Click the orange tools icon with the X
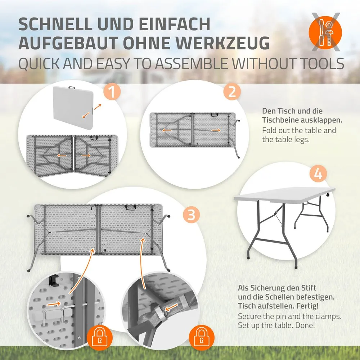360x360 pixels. point(325,32)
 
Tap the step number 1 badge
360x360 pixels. point(112,91)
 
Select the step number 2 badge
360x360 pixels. point(232,91)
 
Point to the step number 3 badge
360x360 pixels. point(191,215)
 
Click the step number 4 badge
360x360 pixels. point(318,174)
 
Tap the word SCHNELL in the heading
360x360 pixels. point(55,24)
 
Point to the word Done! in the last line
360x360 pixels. point(305,325)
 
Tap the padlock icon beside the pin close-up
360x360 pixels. point(99,337)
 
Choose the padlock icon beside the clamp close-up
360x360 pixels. point(201,337)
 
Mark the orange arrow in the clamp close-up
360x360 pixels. point(171,307)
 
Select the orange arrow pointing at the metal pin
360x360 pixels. point(54,304)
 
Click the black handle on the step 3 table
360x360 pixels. point(131,207)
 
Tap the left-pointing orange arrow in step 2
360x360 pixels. point(167,130)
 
